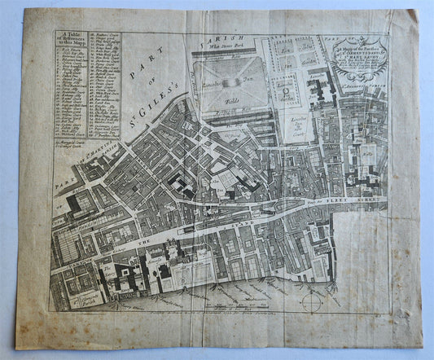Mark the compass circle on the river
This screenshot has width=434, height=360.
pos(309,302)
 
